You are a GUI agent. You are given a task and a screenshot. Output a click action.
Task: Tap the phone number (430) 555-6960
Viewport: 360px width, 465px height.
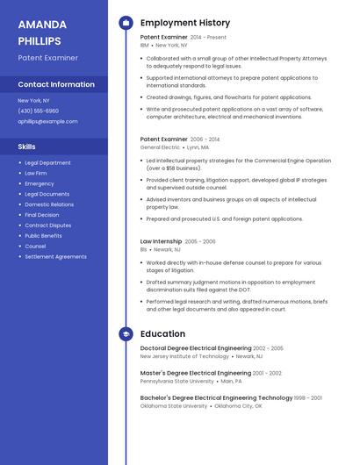38,111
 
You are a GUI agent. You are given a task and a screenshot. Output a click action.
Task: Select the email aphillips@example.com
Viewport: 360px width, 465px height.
47,122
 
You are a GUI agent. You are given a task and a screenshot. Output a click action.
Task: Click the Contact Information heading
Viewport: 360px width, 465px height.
56,84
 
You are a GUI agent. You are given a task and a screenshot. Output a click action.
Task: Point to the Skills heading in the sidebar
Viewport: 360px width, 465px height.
27,147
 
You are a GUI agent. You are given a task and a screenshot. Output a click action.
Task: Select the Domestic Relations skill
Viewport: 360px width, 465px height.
49,204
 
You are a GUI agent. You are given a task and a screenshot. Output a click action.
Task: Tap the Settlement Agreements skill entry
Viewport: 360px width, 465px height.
55,257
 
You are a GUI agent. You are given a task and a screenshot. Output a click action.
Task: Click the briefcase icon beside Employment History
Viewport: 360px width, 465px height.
126,23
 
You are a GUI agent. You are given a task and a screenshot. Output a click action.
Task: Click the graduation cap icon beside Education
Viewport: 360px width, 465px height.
126,333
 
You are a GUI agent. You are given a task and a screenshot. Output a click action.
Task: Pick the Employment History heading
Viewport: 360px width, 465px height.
185,23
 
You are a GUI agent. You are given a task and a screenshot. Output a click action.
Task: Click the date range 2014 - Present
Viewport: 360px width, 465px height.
208,38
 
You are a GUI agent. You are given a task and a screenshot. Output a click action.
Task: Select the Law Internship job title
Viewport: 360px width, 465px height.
161,240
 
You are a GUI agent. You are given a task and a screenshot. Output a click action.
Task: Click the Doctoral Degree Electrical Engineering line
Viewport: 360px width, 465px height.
195,348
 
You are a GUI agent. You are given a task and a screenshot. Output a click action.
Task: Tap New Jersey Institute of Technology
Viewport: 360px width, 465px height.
184,356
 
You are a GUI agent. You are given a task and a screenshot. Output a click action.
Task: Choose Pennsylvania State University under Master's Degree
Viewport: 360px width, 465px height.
176,382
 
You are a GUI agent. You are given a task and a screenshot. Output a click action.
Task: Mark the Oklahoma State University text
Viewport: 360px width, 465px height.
174,406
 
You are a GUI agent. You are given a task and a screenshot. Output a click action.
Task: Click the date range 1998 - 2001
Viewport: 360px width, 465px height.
308,398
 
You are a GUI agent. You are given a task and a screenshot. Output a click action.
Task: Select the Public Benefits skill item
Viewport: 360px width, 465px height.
43,236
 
